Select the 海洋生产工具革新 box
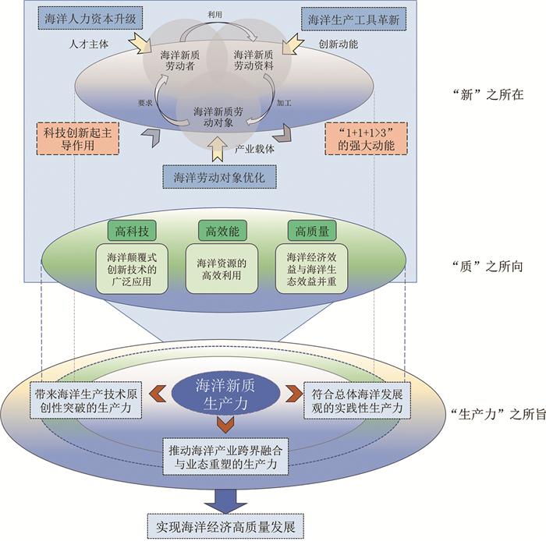coord(353,19)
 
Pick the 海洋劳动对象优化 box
coord(219,178)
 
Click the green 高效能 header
coord(221,232)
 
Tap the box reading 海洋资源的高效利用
coord(222,270)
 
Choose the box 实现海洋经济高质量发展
coord(225,524)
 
